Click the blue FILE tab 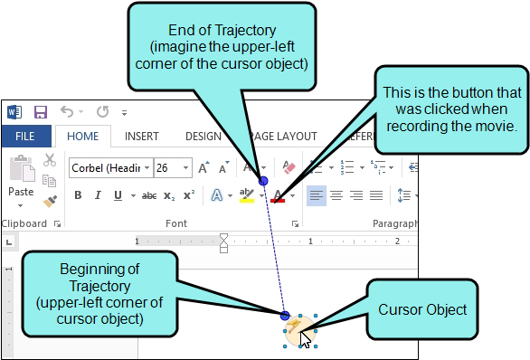coord(25,137)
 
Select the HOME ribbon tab coord(82,137)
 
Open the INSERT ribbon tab coord(141,137)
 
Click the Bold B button coord(78,195)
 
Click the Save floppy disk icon coord(40,113)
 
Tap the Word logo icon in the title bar coord(14,113)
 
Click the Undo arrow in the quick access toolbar coord(67,113)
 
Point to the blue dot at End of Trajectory coord(263,182)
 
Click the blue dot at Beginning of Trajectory coord(285,316)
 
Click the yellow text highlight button coord(246,195)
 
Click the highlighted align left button coord(316,195)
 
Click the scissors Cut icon coord(51,162)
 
